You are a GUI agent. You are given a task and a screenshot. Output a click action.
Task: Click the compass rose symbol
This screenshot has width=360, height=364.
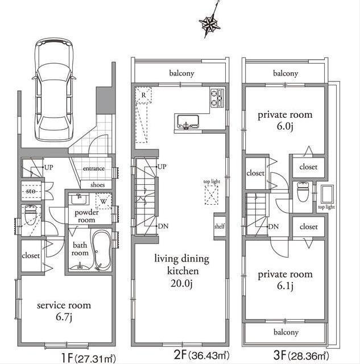(x=209, y=23)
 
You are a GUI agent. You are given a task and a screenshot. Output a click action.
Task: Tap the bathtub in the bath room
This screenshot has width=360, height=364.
(x=102, y=250)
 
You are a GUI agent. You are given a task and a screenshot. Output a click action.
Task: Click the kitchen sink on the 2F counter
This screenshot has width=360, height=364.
(x=188, y=121)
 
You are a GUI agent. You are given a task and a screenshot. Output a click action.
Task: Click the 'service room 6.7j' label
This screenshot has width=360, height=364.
(x=64, y=310)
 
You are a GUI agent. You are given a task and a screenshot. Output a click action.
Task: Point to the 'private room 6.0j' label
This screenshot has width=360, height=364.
(x=285, y=119)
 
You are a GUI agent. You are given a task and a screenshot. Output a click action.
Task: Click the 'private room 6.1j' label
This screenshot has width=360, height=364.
(x=285, y=279)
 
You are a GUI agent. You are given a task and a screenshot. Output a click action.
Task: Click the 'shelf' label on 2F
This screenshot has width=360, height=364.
(x=220, y=226)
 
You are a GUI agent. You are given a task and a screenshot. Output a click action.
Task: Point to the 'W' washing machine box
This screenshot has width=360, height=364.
(x=104, y=200)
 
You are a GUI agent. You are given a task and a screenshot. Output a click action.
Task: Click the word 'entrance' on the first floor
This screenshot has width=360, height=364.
(x=93, y=169)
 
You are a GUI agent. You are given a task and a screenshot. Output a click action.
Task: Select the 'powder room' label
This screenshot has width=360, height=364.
(x=88, y=216)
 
